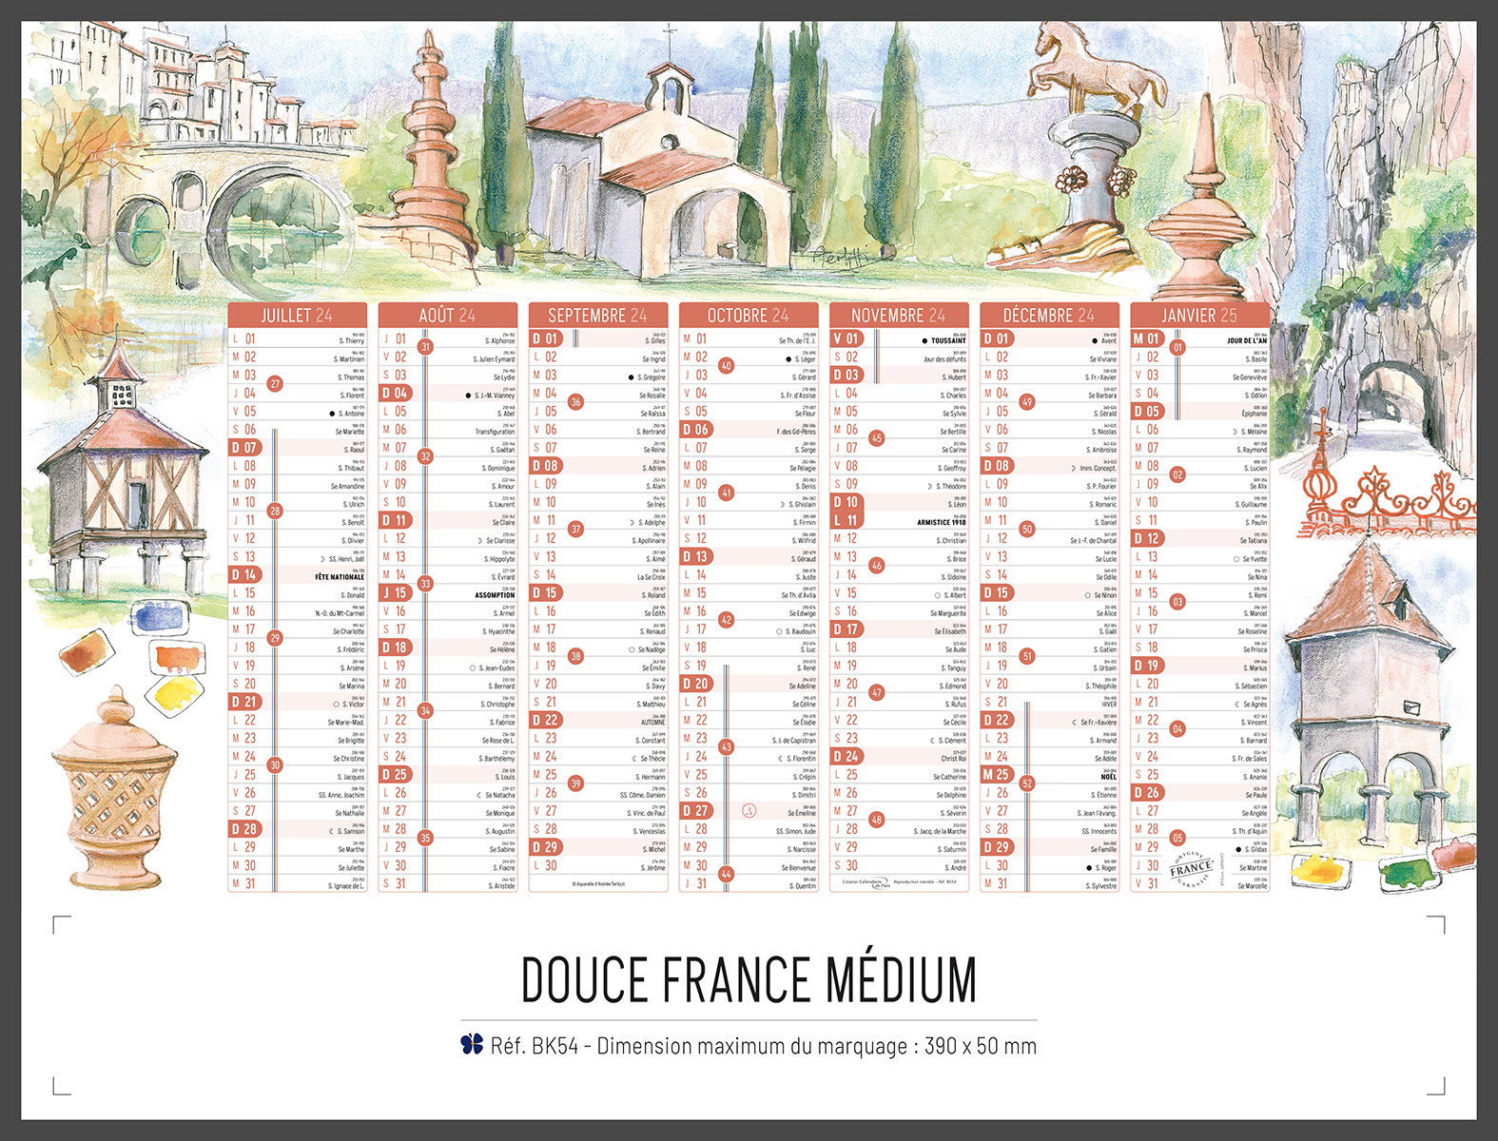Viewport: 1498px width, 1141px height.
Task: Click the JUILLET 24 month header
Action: pos(297,315)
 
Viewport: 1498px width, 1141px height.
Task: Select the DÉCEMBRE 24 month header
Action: pos(1048,315)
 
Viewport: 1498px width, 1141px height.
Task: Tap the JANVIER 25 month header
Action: pos(1199,315)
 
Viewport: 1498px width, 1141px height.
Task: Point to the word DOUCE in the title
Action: pos(582,979)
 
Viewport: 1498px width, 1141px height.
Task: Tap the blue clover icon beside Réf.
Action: pos(472,1044)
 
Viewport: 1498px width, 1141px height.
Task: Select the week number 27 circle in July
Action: pos(275,384)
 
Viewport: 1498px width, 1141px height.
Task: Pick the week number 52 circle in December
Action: pos(1026,783)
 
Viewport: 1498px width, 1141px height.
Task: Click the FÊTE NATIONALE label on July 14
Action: pos(340,577)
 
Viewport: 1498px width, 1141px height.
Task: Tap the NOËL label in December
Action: pos(1108,777)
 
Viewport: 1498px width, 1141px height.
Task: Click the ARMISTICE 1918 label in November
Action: pos(941,522)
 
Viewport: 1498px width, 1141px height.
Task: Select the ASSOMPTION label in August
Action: pos(495,595)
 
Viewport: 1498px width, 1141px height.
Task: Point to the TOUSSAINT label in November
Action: pos(947,340)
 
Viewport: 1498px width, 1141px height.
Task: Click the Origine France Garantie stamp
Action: pos(1192,867)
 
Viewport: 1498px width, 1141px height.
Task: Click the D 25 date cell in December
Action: pos(997,775)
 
